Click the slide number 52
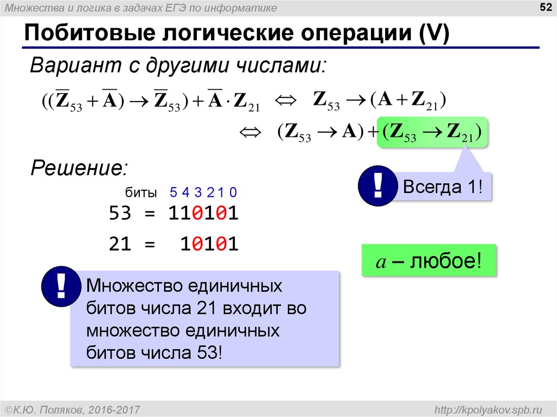(545, 7)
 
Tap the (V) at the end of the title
(434, 33)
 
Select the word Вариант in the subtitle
(76, 65)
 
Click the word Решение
(79, 167)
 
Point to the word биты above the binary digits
(141, 192)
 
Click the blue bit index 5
(174, 192)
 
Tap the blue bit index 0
(233, 192)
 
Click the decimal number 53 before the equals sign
(120, 213)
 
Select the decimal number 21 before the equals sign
(120, 244)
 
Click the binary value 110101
(203, 213)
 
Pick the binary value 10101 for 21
(209, 244)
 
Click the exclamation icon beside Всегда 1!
(377, 186)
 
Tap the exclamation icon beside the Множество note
(61, 287)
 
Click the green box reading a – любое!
(429, 260)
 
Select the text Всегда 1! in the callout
(443, 186)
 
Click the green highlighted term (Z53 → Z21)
(432, 132)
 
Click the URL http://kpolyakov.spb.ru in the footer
(488, 410)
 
